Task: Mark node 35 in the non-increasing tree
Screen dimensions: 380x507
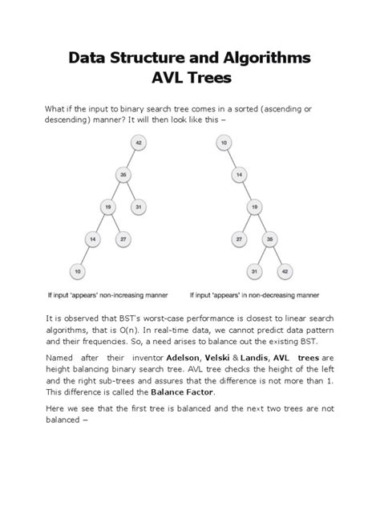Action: pos(123,175)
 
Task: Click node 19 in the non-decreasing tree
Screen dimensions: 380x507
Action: pos(253,206)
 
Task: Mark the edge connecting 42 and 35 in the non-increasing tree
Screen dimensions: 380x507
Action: pos(131,160)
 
